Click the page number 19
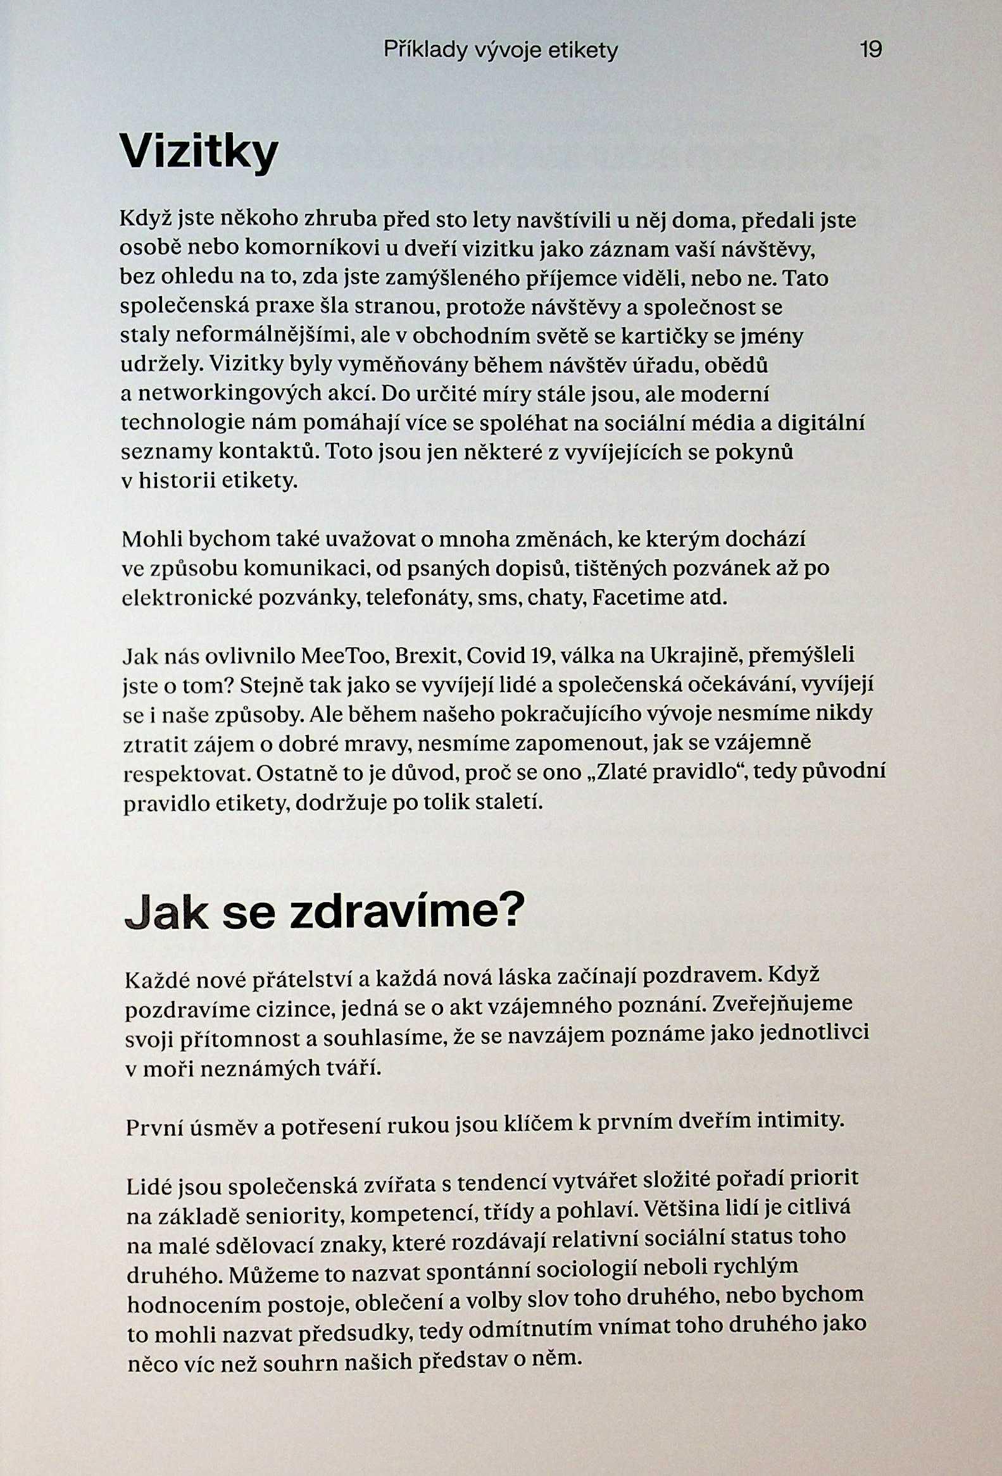coord(870,49)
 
